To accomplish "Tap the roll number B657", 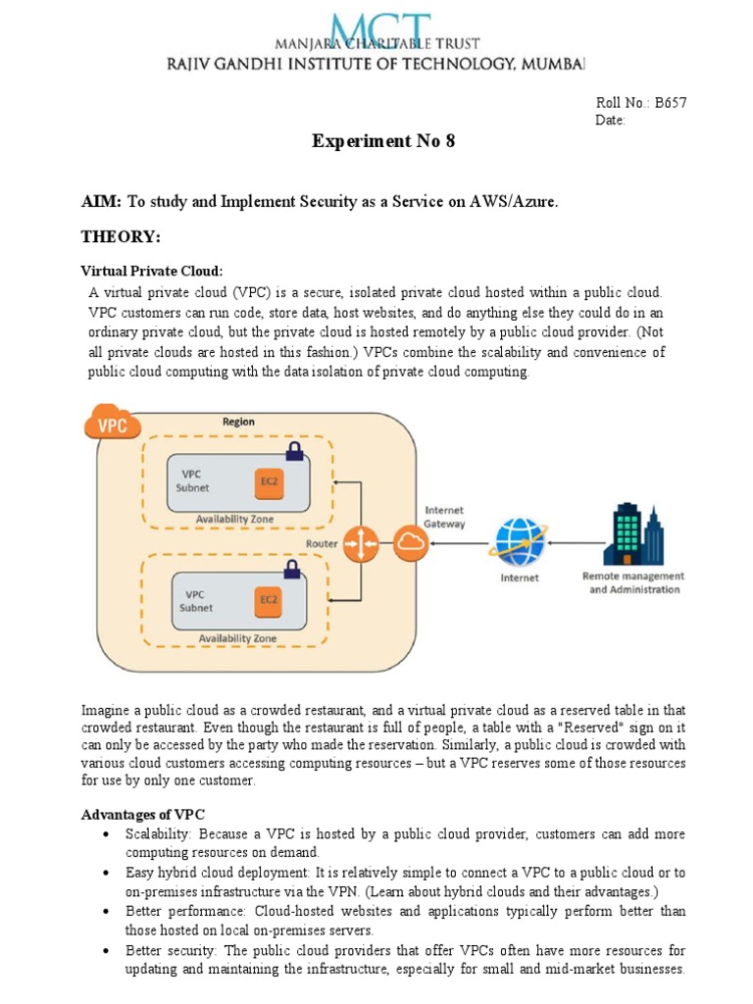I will click(x=671, y=103).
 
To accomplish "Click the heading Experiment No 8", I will click(x=383, y=141).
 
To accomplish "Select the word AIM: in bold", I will click(x=100, y=201).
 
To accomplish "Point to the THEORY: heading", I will click(x=120, y=237).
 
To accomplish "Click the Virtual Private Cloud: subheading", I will click(x=151, y=271).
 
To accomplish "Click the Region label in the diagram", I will click(x=238, y=422).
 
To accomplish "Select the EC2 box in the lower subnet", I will click(x=266, y=598).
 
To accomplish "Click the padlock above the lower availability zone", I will click(x=291, y=568).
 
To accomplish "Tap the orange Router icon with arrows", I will click(x=361, y=544).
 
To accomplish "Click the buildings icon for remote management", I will click(x=633, y=535).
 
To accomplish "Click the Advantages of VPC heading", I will click(x=142, y=816).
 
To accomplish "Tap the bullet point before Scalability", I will click(x=105, y=834).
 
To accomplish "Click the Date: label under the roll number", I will click(x=610, y=121).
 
